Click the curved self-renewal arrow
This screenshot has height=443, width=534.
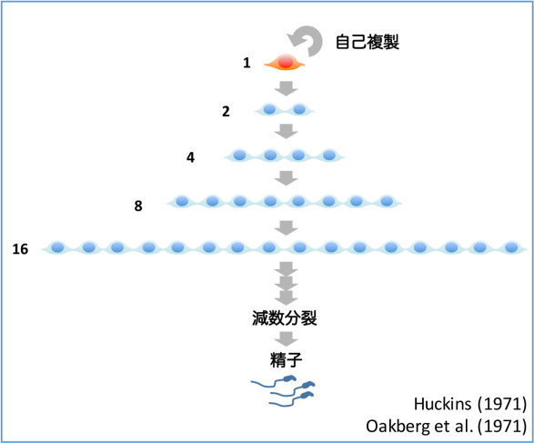coord(317,34)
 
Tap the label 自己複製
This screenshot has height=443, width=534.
coord(368,42)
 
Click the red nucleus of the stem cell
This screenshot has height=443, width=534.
coord(286,62)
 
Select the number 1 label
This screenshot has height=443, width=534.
coord(247,63)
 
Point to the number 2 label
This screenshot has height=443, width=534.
coord(226,111)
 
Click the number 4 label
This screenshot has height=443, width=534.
coord(190,157)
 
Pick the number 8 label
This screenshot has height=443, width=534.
coord(138,206)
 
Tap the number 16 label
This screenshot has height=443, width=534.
coord(20,249)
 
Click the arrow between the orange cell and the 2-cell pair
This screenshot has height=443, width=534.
coord(286,88)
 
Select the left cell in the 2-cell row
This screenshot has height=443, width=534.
coord(269,109)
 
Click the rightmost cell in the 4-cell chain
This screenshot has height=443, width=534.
coord(329,156)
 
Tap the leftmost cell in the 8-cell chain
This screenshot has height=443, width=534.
coord(182,201)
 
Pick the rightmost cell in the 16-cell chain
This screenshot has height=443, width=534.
coord(511,247)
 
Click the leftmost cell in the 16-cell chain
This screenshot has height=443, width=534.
coord(57,247)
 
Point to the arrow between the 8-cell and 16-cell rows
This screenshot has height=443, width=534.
coord(286,227)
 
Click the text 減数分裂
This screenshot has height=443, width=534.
coord(285,318)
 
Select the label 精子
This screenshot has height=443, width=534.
coord(286,360)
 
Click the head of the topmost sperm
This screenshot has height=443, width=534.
coord(290,378)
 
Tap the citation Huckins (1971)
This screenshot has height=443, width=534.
coord(470,404)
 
